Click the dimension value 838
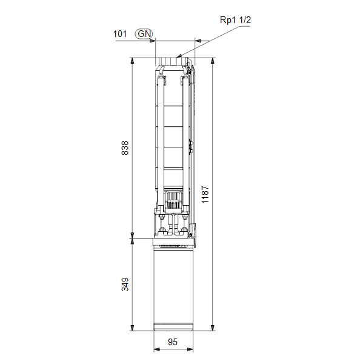pos(125,148)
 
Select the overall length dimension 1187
pos(205,195)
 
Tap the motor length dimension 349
pos(125,284)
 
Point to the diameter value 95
pos(173,342)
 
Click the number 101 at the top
pos(119,34)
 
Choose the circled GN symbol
pos(144,34)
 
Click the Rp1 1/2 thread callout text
pos(235,20)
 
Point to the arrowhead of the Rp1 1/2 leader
pos(179,56)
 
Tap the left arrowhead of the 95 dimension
pos(156,349)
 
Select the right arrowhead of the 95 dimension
pos(190,349)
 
